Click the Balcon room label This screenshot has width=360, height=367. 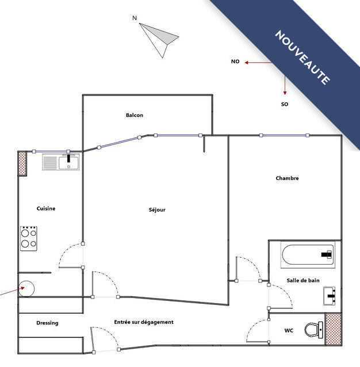tap(135, 115)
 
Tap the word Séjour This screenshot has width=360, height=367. tap(157, 210)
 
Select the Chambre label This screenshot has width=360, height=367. tap(287, 178)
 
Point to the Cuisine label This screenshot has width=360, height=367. tap(46, 208)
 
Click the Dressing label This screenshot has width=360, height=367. tap(47, 323)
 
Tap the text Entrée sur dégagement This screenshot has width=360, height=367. tap(144, 322)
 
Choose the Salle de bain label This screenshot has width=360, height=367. tap(303, 280)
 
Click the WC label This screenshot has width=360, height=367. tap(289, 331)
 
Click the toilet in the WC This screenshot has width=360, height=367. tap(313, 330)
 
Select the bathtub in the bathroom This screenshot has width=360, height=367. tap(308, 255)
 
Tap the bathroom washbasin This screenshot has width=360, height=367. tap(331, 296)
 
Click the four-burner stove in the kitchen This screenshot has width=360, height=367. tap(29, 238)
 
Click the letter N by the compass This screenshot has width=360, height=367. tap(135, 18)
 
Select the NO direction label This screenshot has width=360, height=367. tap(235, 61)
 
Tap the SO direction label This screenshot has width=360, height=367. tap(284, 105)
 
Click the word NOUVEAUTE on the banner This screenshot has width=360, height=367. tap(302, 58)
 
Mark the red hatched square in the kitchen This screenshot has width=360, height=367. tap(23, 163)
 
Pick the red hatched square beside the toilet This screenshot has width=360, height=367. tap(333, 330)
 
